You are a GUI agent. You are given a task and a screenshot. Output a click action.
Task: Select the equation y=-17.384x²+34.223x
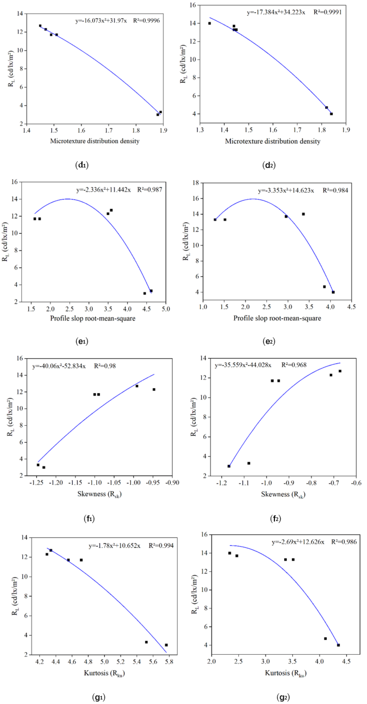(276, 12)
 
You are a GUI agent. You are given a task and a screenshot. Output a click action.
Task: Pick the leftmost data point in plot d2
(210, 24)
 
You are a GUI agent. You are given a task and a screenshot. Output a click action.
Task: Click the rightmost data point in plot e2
(333, 292)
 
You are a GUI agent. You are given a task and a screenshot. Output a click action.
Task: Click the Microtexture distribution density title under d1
(95, 141)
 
